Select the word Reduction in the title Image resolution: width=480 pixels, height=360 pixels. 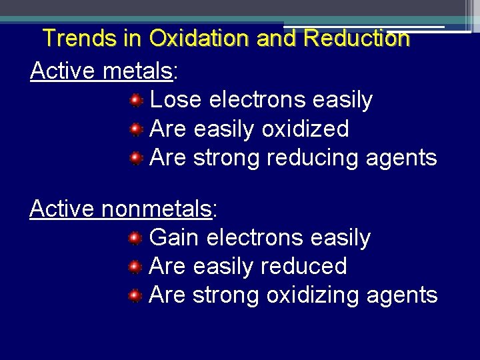[356, 39]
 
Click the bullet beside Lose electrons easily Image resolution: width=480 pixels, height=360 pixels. [136, 101]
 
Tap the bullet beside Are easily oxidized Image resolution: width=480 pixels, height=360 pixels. [136, 129]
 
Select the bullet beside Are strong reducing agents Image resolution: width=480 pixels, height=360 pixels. [136, 158]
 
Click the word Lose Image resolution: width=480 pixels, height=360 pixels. [176, 100]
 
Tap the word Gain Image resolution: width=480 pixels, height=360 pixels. [175, 237]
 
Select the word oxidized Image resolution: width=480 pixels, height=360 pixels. [305, 129]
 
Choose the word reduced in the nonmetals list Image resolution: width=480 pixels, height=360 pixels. [303, 266]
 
